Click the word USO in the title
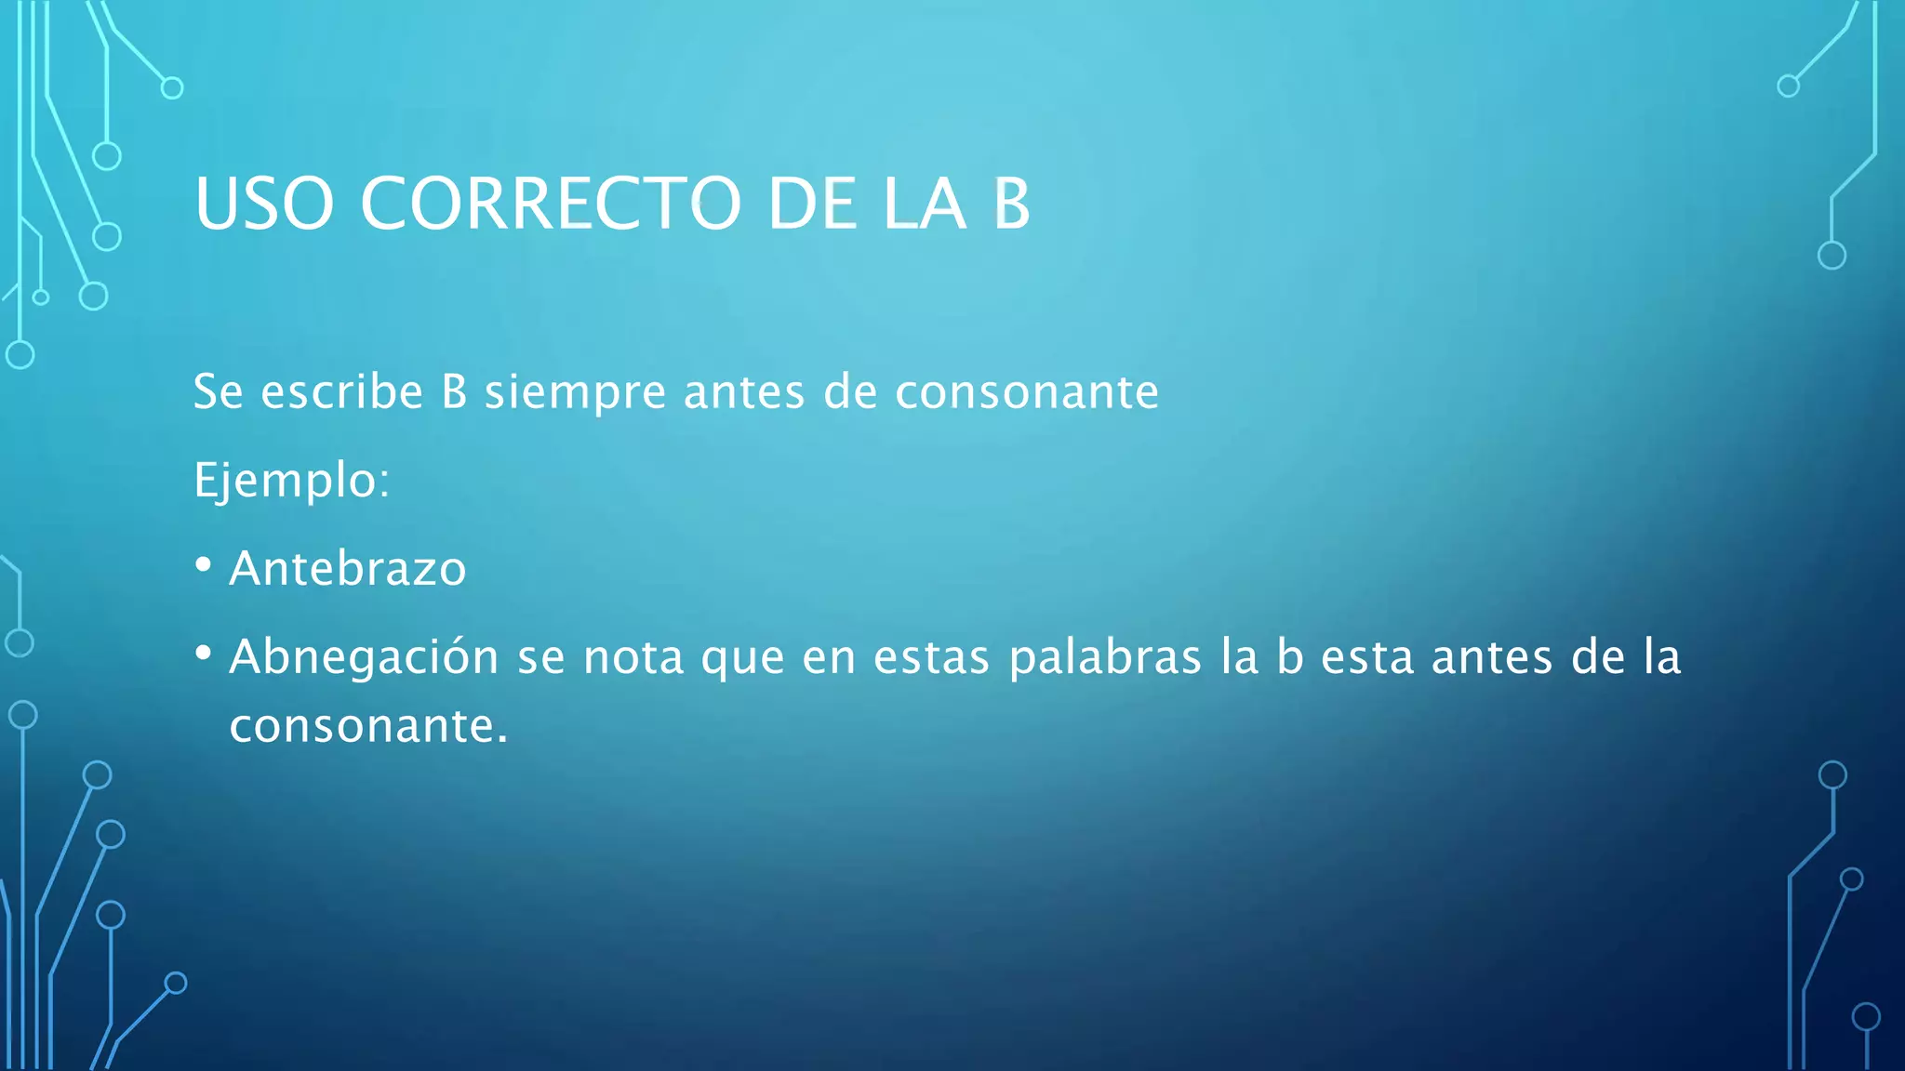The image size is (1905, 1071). click(264, 204)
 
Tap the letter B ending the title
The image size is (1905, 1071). click(1012, 204)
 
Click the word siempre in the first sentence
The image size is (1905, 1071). click(575, 392)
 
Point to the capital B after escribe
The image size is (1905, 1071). click(454, 391)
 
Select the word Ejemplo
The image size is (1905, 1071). click(290, 482)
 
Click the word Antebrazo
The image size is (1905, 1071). click(348, 568)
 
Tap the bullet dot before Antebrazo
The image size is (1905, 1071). click(204, 564)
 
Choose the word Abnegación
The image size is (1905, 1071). click(365, 657)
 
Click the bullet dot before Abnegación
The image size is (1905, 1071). click(204, 653)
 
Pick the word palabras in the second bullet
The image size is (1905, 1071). click(1105, 657)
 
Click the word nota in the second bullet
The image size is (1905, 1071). click(634, 657)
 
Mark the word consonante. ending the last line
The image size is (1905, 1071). click(368, 726)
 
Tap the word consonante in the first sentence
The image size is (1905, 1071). click(1027, 392)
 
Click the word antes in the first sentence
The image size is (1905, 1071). click(744, 392)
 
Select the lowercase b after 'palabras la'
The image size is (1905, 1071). click(1289, 656)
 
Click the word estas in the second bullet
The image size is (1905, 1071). click(931, 657)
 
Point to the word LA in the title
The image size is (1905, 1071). click(925, 204)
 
